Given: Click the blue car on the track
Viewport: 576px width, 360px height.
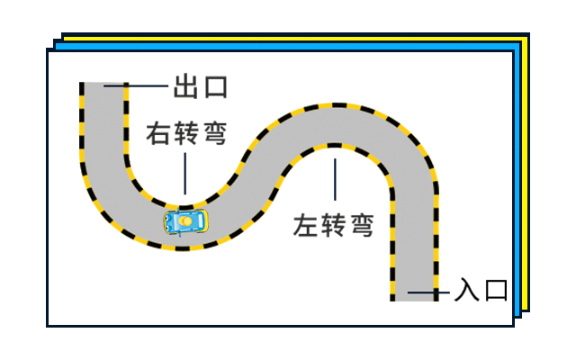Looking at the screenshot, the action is [x=186, y=220].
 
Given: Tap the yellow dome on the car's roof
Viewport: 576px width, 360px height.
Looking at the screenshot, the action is [x=186, y=220].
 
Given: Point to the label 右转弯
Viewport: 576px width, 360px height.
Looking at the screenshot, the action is [x=186, y=135].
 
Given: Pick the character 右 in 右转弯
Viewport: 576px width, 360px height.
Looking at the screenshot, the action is [x=159, y=135].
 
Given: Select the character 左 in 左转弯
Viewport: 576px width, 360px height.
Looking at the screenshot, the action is [x=306, y=225].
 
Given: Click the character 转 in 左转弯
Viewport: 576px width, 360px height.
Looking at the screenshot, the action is [x=333, y=225].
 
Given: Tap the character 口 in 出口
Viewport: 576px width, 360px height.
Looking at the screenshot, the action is [x=215, y=86].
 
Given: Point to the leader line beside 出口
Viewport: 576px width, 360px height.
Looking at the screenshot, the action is [x=137, y=86].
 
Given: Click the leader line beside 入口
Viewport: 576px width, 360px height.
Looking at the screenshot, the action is [x=428, y=292].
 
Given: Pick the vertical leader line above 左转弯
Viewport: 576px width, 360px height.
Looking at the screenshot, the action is [x=334, y=180].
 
